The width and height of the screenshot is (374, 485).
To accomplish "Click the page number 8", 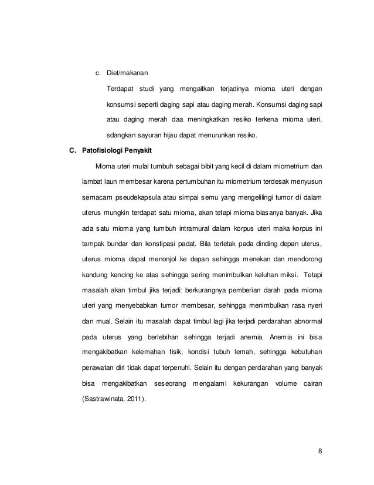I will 320,452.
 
